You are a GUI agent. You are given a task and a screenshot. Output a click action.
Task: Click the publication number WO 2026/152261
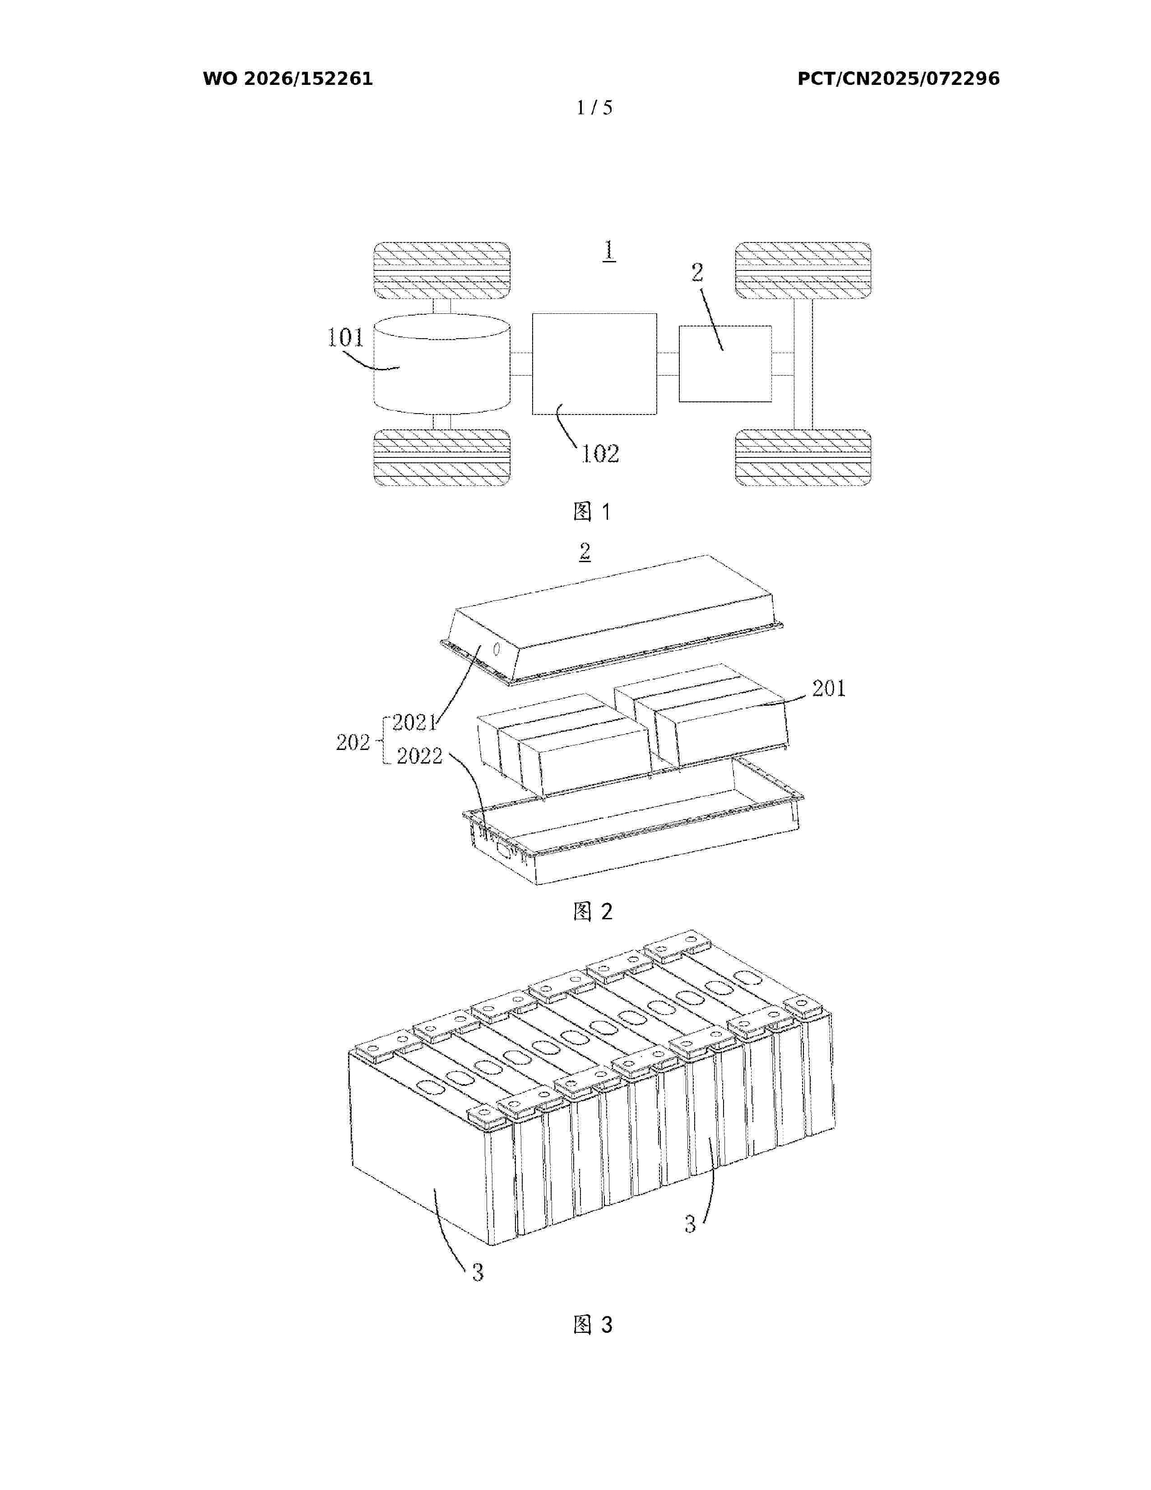(288, 79)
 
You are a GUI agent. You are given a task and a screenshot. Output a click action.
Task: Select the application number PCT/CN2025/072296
(898, 79)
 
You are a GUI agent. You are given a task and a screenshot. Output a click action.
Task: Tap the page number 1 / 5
(594, 108)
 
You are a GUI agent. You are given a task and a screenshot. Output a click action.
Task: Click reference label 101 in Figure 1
(346, 338)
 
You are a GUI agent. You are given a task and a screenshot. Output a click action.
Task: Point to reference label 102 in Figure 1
(600, 454)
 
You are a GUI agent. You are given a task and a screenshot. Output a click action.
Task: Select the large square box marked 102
(594, 363)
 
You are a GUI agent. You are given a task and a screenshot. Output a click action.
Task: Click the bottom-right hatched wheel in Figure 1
(802, 457)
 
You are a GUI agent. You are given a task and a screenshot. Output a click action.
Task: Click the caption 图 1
(592, 512)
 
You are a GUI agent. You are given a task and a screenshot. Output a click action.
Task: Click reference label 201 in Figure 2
(828, 689)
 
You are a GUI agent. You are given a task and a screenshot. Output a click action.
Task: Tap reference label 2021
(414, 722)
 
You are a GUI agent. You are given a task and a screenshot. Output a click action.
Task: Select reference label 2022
(419, 756)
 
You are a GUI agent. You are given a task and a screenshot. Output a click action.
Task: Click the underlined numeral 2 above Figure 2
(585, 552)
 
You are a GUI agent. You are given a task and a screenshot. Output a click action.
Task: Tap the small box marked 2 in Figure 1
(725, 363)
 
